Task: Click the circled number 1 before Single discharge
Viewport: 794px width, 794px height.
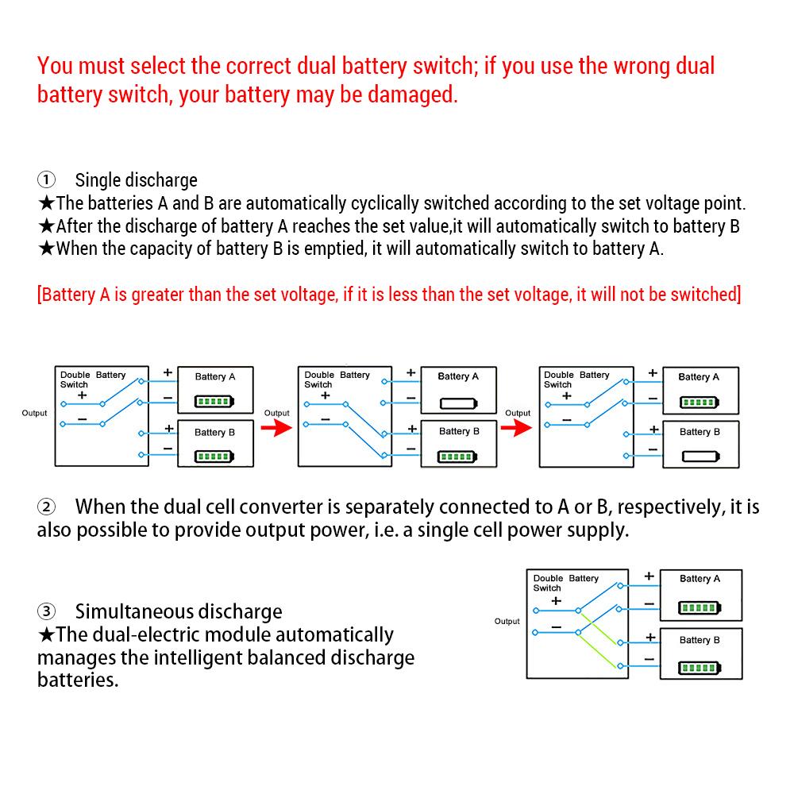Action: (47, 180)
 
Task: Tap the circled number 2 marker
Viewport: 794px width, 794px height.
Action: (47, 507)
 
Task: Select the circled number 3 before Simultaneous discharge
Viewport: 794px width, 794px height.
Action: (47, 612)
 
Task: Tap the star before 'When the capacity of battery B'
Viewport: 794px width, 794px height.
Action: (46, 249)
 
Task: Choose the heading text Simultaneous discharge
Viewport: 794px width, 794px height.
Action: (179, 612)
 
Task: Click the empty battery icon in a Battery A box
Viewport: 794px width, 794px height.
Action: (458, 403)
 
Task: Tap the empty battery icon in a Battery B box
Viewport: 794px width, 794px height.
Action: (700, 457)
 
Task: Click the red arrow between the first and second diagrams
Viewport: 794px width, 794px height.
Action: (274, 429)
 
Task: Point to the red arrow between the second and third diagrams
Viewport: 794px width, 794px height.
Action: (518, 429)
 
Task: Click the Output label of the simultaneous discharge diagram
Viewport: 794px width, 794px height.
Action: (507, 621)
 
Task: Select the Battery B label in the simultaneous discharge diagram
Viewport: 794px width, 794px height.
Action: (700, 640)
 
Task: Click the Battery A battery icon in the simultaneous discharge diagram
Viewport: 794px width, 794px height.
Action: (700, 609)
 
